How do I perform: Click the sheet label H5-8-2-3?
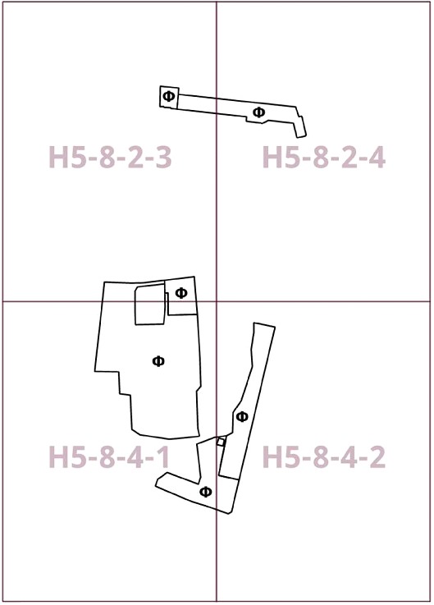[110, 157]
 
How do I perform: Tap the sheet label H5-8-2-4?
[324, 157]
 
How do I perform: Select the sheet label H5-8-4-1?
[110, 457]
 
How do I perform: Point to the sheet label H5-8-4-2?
[324, 457]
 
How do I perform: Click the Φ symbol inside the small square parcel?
[168, 96]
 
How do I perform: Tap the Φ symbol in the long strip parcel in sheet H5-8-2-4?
[259, 112]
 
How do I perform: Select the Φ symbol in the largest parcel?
[158, 361]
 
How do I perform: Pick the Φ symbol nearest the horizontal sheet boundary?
[181, 293]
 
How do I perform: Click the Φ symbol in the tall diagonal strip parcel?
[242, 417]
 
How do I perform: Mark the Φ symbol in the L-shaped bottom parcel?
[206, 492]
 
